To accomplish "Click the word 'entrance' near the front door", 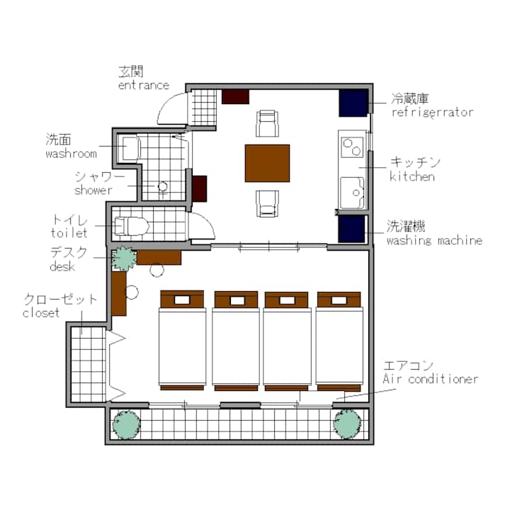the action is (144, 85).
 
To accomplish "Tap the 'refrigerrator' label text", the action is (432, 113).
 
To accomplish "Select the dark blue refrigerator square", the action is (353, 103).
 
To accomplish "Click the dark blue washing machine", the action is (351, 229).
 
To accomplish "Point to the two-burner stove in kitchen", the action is (352, 147).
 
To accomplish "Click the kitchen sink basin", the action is (353, 193).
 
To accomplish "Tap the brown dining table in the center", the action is (267, 164).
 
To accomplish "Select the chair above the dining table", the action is (267, 123).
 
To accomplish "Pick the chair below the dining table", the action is (267, 203).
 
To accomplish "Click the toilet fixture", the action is (132, 225).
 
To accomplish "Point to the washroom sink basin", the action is (132, 149).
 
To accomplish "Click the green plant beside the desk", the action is (124, 259).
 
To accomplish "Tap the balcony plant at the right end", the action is (347, 424).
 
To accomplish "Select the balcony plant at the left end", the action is (127, 425).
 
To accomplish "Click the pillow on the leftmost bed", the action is (182, 300).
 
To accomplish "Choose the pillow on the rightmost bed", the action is (339, 300).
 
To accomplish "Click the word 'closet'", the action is (41, 313).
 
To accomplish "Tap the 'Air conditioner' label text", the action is (431, 379).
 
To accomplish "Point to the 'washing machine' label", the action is (434, 241).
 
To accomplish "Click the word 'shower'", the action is (93, 190).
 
